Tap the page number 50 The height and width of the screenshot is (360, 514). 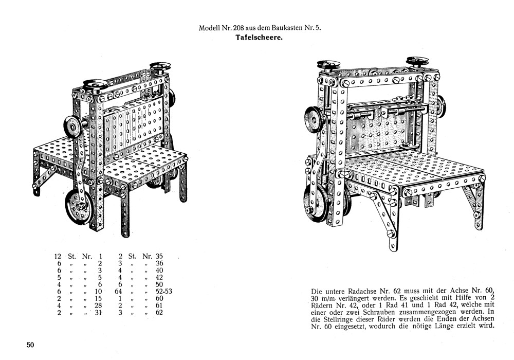pyautogui.click(x=30, y=345)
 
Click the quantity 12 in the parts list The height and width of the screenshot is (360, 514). pyautogui.click(x=58, y=256)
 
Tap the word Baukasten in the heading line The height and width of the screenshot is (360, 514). pyautogui.click(x=285, y=28)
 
